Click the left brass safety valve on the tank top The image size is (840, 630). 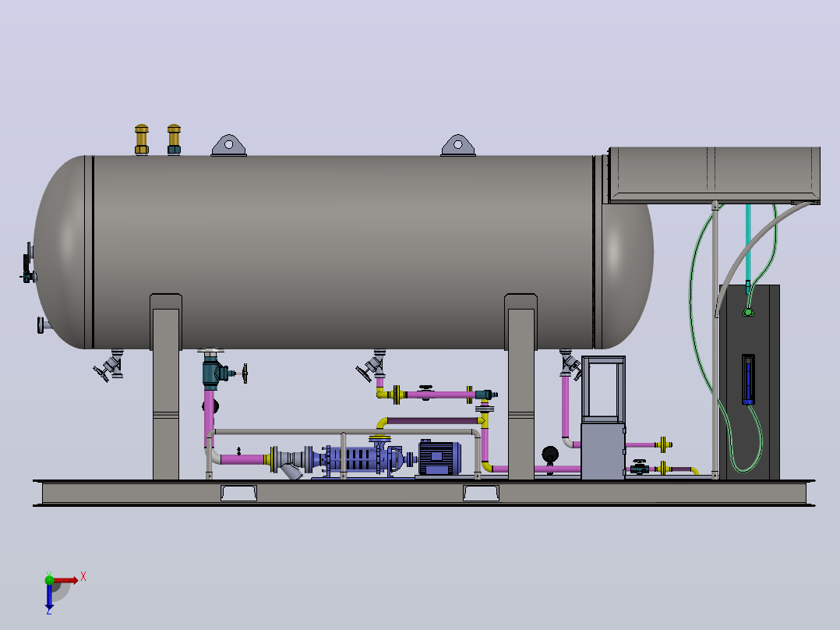click(142, 140)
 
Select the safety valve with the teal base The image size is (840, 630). click(174, 140)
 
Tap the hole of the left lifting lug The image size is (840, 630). click(229, 144)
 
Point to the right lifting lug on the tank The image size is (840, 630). click(458, 145)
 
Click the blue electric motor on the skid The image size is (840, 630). click(439, 458)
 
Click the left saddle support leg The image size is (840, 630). click(166, 387)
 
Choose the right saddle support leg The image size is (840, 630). click(521, 387)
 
